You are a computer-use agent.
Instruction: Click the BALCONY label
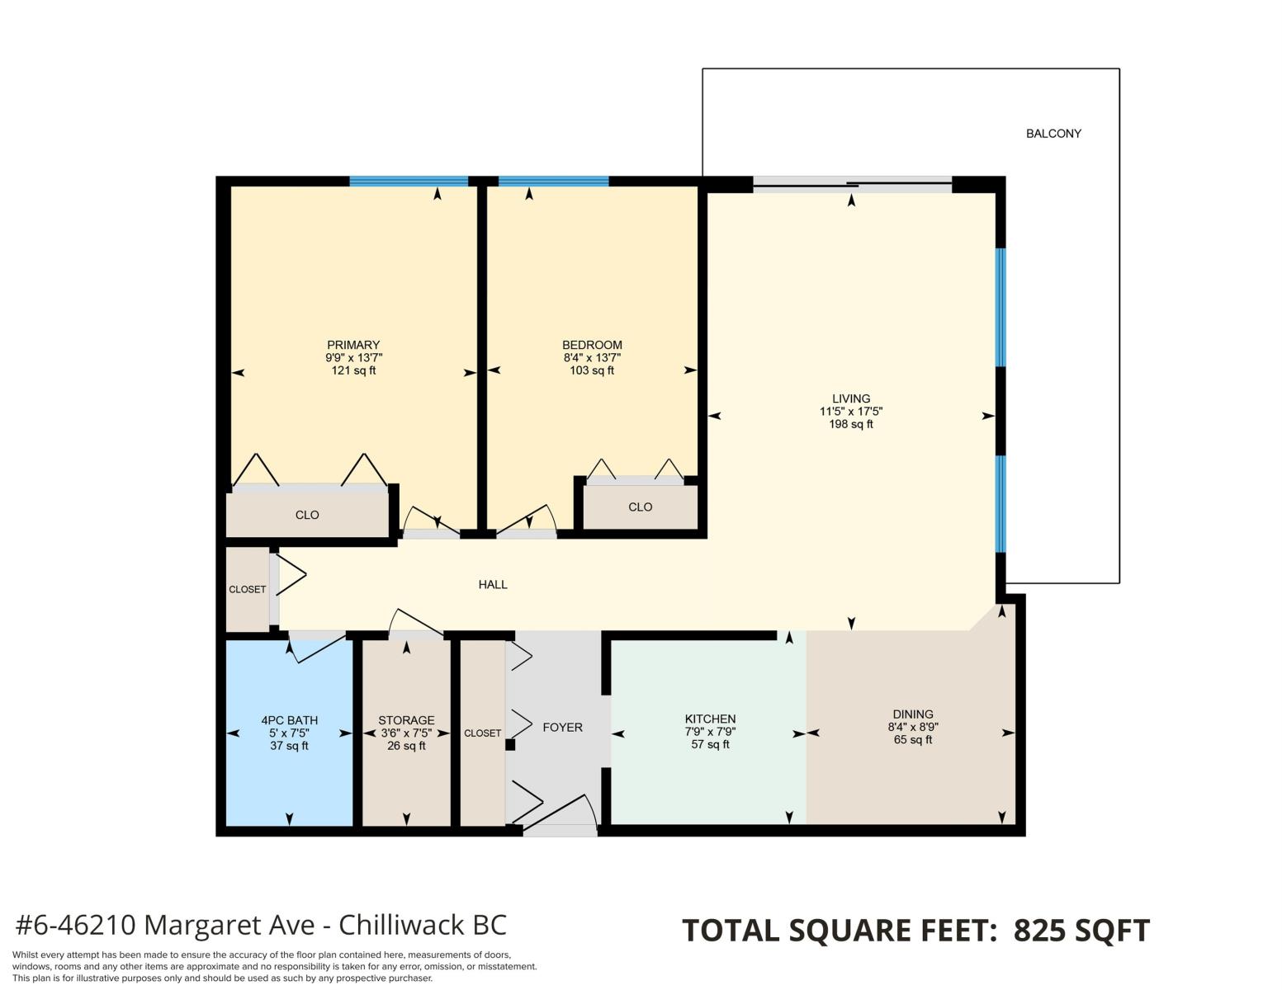(x=1053, y=134)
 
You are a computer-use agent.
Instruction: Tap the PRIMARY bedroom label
(x=353, y=345)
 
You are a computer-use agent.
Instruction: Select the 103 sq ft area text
(x=592, y=370)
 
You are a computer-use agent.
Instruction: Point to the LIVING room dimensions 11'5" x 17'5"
(x=851, y=412)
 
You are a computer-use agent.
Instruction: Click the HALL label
(x=493, y=584)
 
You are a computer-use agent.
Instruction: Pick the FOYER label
(x=562, y=728)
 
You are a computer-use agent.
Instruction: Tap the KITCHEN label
(x=710, y=719)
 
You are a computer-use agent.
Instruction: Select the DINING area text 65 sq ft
(x=913, y=739)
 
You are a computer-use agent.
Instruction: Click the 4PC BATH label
(x=289, y=720)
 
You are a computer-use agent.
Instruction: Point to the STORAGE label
(x=406, y=720)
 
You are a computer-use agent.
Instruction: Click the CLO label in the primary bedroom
(x=307, y=516)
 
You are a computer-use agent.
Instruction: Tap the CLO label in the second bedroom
(x=640, y=507)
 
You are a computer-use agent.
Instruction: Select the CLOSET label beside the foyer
(x=483, y=733)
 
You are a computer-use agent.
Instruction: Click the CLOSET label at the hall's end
(x=247, y=590)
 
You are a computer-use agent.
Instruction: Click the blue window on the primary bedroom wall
(x=409, y=181)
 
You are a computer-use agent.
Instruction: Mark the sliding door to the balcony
(x=853, y=185)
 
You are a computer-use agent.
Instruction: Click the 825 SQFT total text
(x=1081, y=931)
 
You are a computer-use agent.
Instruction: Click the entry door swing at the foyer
(x=559, y=811)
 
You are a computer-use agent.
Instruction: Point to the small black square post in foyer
(x=510, y=745)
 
